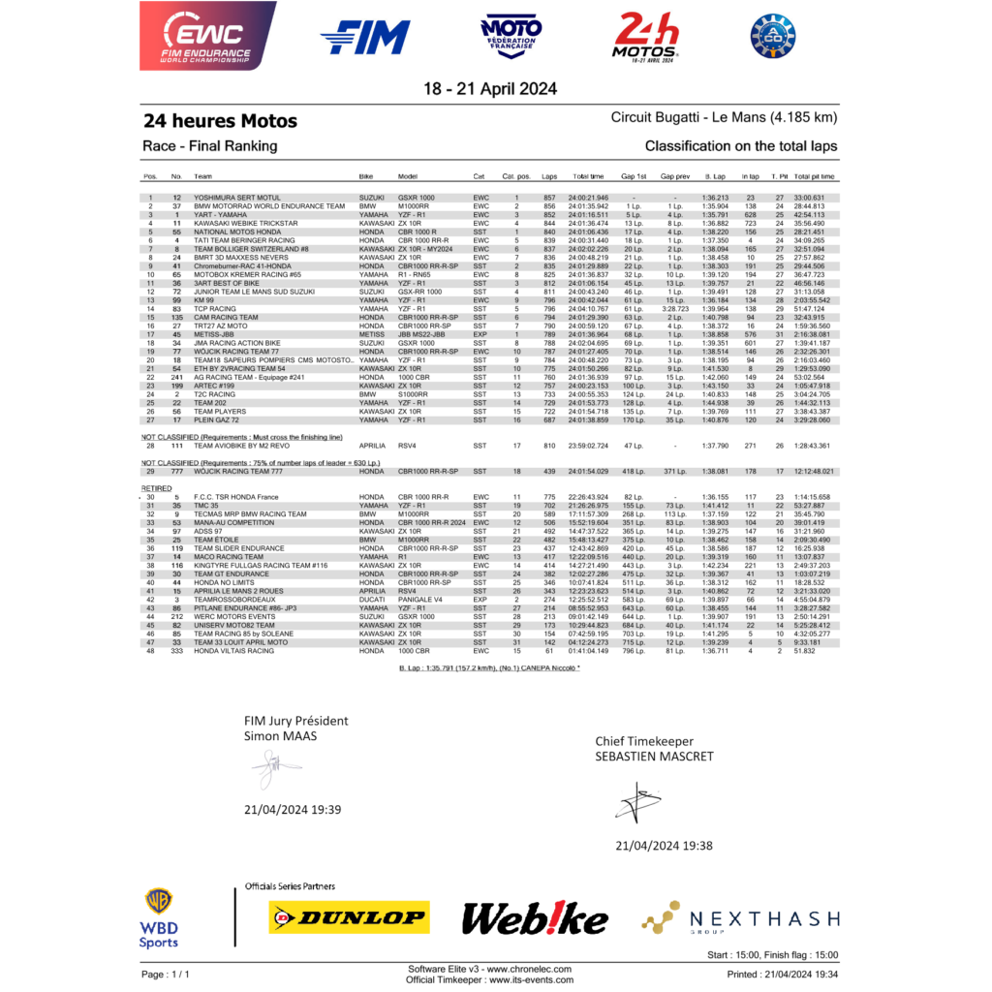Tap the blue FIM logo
(x=364, y=37)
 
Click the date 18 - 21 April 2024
(x=495, y=88)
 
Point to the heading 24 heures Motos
(x=220, y=121)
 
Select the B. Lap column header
(x=715, y=176)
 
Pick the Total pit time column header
(x=814, y=176)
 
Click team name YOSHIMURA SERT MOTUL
(x=235, y=198)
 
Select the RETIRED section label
(x=156, y=488)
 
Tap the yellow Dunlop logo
(x=349, y=916)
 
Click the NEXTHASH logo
(x=742, y=917)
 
